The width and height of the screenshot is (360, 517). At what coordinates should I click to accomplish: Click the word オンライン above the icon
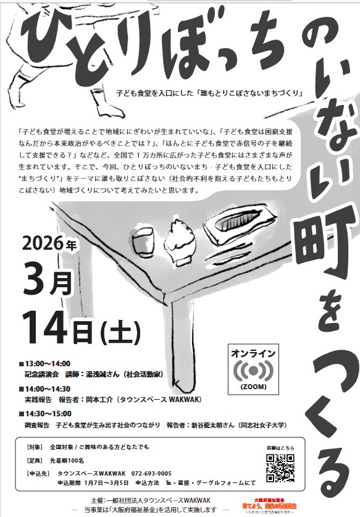(x=254, y=354)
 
